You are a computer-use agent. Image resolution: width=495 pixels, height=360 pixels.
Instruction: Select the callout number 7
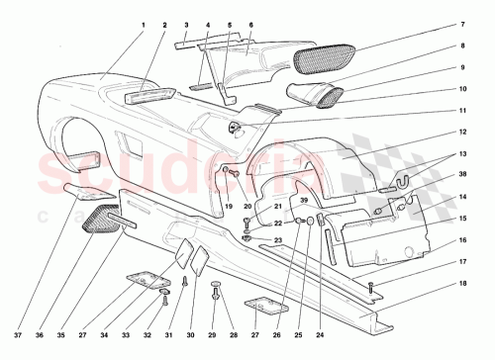[460, 24]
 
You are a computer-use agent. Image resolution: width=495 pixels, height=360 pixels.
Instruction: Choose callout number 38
[460, 175]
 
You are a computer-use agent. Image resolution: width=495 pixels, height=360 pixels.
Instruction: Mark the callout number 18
[460, 283]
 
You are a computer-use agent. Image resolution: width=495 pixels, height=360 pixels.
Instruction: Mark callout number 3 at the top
[185, 23]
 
